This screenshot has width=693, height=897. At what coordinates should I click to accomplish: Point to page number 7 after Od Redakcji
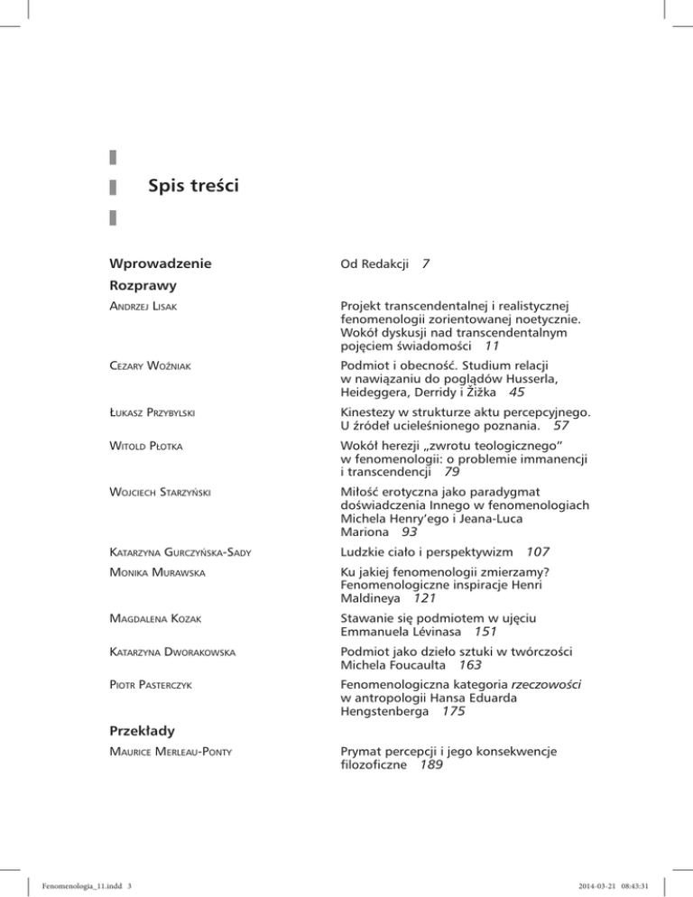(425, 265)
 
